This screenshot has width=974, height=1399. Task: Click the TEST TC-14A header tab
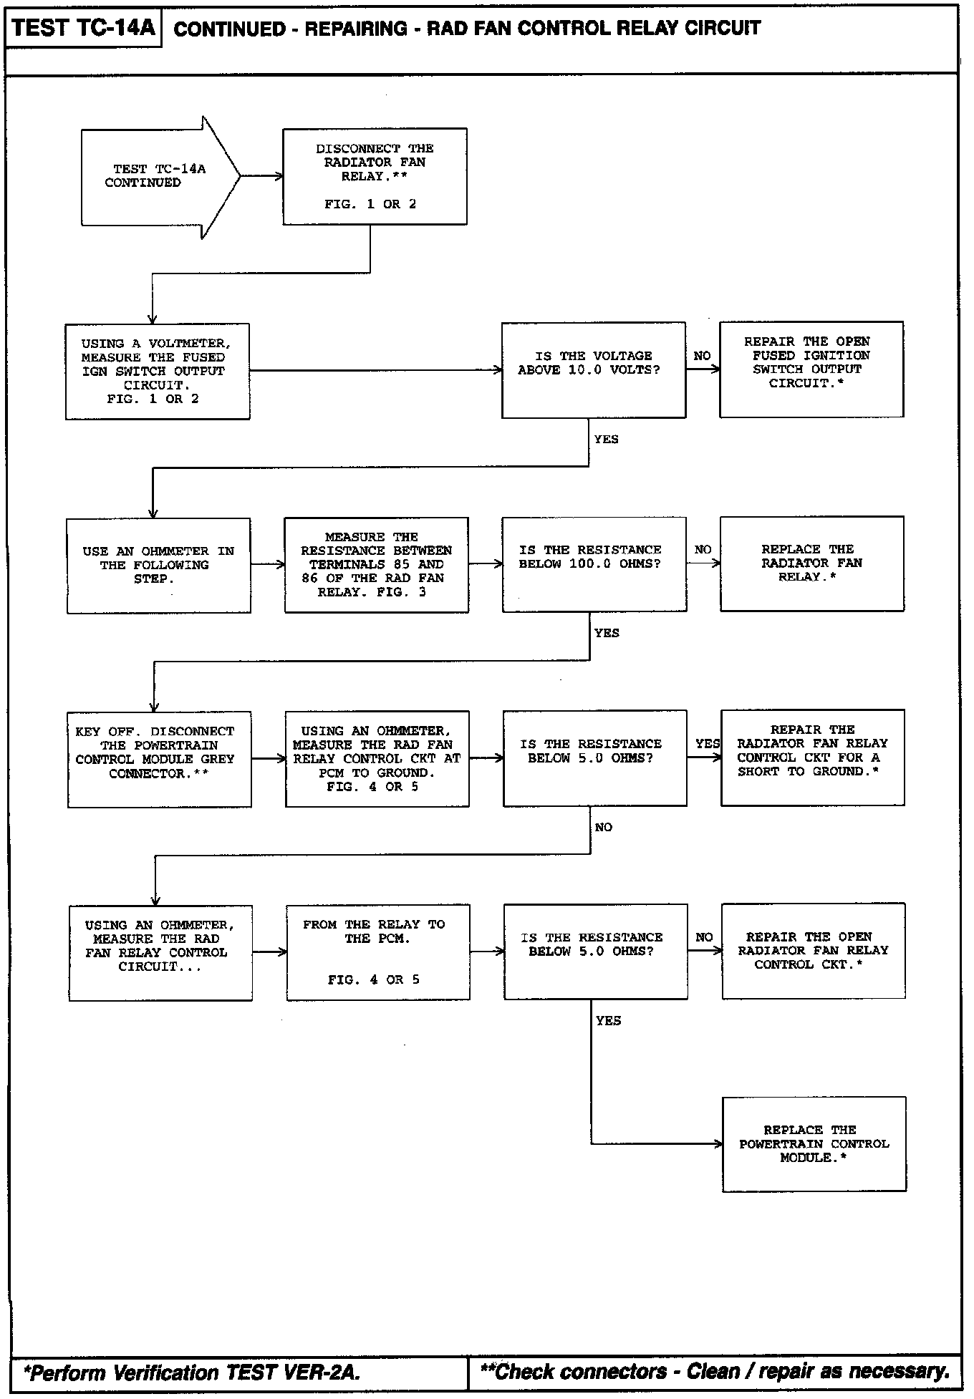(x=83, y=29)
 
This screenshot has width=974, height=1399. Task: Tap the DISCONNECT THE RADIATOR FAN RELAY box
(x=375, y=176)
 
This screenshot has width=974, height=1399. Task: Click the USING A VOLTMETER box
(x=158, y=371)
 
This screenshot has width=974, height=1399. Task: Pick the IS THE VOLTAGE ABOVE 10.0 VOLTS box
(x=593, y=369)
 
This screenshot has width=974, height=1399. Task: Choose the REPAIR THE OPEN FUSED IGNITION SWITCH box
(x=811, y=369)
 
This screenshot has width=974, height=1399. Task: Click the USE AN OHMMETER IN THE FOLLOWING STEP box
(x=158, y=565)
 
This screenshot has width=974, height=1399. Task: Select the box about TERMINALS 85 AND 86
(x=376, y=564)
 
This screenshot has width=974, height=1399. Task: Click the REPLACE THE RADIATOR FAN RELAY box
(x=811, y=563)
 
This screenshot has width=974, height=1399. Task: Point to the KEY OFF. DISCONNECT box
(x=159, y=759)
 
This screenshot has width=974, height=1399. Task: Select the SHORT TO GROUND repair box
(x=812, y=757)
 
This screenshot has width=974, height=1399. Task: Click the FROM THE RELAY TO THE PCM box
(x=377, y=952)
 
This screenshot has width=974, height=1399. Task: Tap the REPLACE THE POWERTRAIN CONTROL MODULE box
(x=814, y=1143)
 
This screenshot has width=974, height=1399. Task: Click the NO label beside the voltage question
(x=702, y=356)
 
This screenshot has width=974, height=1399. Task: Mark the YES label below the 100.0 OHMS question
(x=607, y=633)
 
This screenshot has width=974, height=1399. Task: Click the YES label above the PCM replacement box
(x=608, y=1020)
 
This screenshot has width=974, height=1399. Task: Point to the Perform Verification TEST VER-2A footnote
(x=192, y=1372)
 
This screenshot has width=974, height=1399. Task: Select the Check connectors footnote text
(x=714, y=1371)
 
